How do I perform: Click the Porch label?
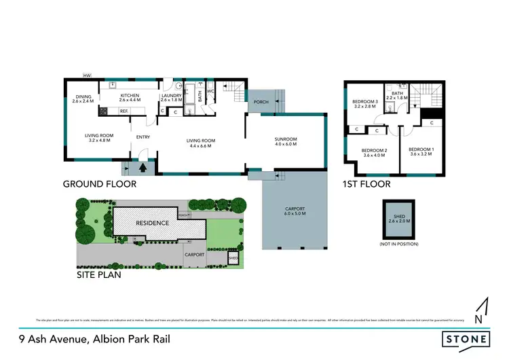pyautogui.click(x=261, y=103)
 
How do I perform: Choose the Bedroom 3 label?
pyautogui.click(x=364, y=104)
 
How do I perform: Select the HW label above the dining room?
pyautogui.click(x=87, y=75)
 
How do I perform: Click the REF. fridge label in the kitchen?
pyautogui.click(x=124, y=111)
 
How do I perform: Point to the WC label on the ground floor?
pyautogui.click(x=210, y=91)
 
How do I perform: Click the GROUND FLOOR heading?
pyautogui.click(x=100, y=184)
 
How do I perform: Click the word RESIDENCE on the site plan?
pyautogui.click(x=152, y=223)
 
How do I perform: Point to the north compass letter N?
pyautogui.click(x=480, y=319)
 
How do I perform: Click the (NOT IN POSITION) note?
pyautogui.click(x=398, y=244)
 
